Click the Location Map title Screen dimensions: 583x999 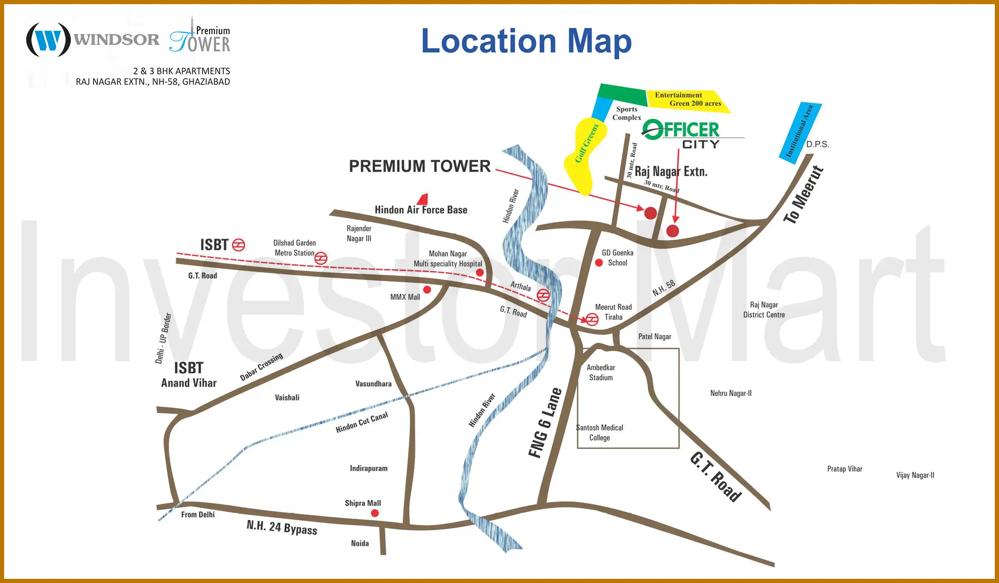click(x=526, y=41)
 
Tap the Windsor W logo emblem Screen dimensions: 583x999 click(x=48, y=40)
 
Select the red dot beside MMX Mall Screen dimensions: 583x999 click(x=427, y=289)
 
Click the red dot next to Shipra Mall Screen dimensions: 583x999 click(x=375, y=513)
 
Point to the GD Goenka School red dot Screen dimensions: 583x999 click(x=599, y=263)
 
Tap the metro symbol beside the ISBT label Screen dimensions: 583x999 click(x=239, y=245)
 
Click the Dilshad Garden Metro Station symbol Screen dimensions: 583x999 click(x=321, y=258)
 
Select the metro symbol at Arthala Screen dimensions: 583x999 click(x=543, y=295)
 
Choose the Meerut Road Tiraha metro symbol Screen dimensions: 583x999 click(x=592, y=319)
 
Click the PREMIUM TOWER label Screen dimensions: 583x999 click(x=420, y=166)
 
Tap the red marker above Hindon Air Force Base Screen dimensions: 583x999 click(x=422, y=199)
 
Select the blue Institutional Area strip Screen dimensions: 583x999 click(x=800, y=132)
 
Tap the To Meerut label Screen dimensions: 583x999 click(x=803, y=194)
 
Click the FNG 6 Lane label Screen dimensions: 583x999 click(x=545, y=423)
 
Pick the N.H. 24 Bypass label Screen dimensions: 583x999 click(x=282, y=527)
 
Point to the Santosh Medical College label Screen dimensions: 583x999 click(x=600, y=433)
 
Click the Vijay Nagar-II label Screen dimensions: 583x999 click(x=915, y=475)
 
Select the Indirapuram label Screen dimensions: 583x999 click(x=368, y=468)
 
